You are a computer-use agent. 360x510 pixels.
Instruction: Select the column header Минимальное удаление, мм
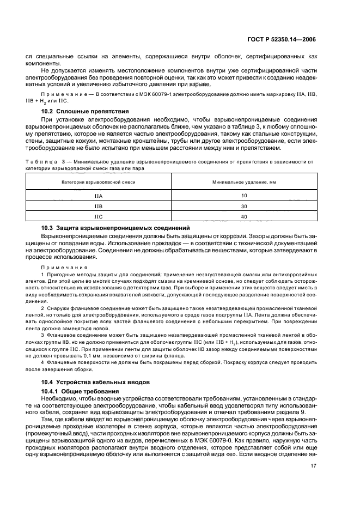click(x=243, y=181)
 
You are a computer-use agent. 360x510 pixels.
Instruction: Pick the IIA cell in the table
click(x=99, y=195)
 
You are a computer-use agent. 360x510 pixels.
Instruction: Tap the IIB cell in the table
click(x=99, y=207)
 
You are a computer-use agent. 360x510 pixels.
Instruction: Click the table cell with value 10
click(x=243, y=195)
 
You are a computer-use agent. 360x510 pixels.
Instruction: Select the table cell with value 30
click(x=243, y=207)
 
